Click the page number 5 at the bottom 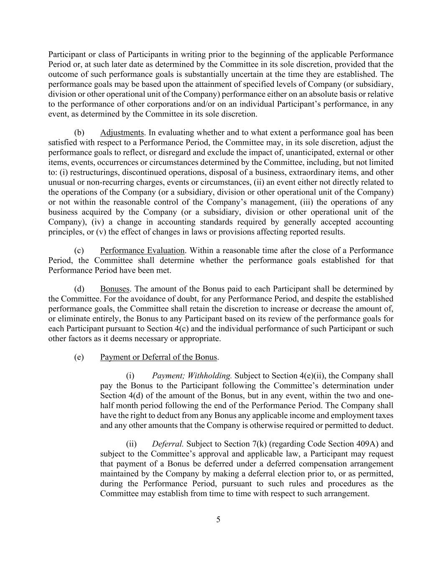(x=218, y=519)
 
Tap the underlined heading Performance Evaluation (x=142, y=251)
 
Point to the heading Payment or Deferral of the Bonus (x=158, y=357)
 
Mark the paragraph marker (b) (x=79, y=133)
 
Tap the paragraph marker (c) (x=79, y=251)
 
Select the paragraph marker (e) (x=79, y=357)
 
